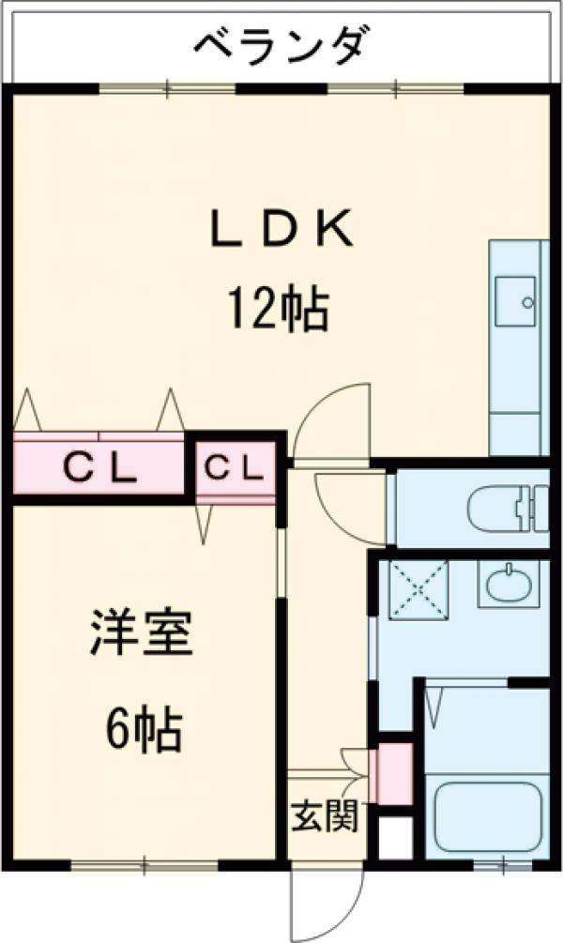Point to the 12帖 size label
point(276,309)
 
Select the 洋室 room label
point(142,635)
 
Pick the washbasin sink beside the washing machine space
point(508,583)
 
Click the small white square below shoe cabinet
point(393,834)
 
